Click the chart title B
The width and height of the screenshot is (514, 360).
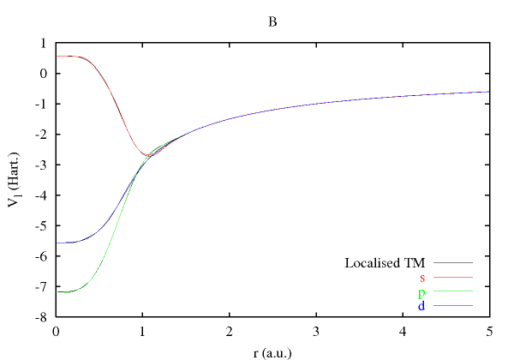click(272, 22)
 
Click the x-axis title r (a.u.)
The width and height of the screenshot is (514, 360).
click(272, 350)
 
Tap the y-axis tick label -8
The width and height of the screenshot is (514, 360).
click(40, 317)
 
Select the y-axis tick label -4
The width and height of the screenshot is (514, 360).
click(40, 195)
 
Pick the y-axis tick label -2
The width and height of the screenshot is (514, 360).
click(40, 135)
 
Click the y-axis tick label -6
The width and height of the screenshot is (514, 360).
click(40, 256)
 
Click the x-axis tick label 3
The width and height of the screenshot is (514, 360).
click(316, 330)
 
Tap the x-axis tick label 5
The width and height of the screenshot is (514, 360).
click(489, 330)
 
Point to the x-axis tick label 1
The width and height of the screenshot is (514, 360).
click(142, 330)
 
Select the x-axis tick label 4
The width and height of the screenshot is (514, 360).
click(403, 330)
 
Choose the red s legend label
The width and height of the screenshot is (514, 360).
click(422, 277)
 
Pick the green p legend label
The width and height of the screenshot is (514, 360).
click(422, 292)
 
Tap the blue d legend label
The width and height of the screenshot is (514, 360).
click(422, 306)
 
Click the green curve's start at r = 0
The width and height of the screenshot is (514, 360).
click(57, 292)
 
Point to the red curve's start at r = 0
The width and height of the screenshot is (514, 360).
click(57, 56)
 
